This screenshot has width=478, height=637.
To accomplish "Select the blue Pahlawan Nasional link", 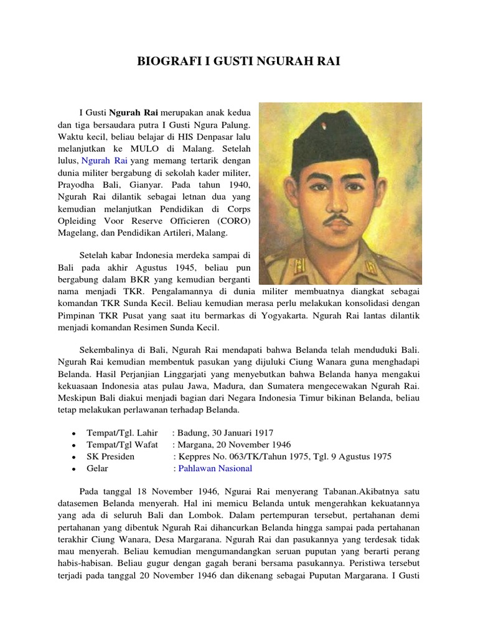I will (x=215, y=468).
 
